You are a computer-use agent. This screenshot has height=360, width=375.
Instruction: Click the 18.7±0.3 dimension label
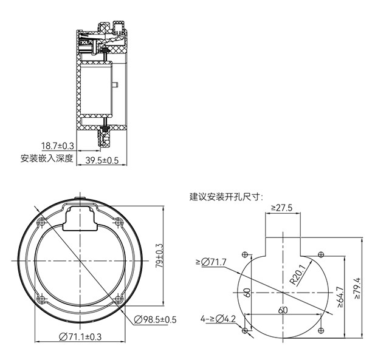coord(57,146)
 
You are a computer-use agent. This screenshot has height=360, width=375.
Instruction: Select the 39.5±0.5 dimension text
coord(101,160)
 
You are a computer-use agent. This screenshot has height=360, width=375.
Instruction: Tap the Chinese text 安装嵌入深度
coord(47,158)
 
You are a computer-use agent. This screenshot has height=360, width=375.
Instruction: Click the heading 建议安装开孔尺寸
coord(226,197)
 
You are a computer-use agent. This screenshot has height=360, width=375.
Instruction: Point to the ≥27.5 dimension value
coord(282,208)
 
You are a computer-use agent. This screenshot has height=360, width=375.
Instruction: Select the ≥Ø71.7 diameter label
coord(211,262)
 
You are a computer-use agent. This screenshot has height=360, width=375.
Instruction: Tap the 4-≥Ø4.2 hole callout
coord(218,318)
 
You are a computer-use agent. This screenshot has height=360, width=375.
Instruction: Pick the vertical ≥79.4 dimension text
coord(357,291)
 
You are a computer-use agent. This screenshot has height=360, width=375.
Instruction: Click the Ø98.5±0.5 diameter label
coord(154,319)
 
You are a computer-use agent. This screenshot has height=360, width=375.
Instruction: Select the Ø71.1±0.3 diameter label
coord(80,337)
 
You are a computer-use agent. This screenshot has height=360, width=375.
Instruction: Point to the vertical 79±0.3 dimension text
coord(160,257)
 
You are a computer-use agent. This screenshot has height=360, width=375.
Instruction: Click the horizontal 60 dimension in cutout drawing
coord(283,310)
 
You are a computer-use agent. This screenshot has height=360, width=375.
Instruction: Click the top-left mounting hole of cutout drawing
coord(245,254)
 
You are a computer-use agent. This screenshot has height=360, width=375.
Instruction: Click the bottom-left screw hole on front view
coord(41,299)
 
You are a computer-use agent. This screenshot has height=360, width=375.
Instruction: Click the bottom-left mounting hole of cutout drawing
coord(245,330)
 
